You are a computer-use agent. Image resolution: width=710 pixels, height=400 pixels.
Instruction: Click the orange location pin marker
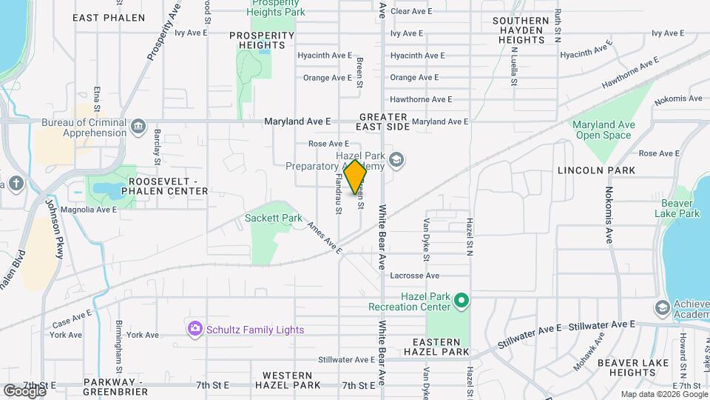click(356, 177)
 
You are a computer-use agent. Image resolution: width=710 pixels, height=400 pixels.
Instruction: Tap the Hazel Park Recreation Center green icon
click(461, 300)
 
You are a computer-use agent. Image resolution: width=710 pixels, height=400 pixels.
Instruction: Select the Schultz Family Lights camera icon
click(195, 328)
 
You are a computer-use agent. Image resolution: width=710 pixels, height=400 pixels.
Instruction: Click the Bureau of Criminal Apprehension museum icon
click(138, 127)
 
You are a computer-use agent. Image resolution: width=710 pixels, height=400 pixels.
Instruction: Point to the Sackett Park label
click(274, 219)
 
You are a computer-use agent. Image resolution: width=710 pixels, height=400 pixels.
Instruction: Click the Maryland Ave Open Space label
click(603, 130)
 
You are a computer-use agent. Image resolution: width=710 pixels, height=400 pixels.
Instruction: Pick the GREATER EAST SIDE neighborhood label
click(384, 122)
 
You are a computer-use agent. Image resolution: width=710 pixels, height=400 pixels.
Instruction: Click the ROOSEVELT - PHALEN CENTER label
click(168, 186)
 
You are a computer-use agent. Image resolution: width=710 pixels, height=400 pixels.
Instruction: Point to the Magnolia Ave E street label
click(89, 210)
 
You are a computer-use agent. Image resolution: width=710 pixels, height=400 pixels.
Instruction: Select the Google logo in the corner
click(24, 390)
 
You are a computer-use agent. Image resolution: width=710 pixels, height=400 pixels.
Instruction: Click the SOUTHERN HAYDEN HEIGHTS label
click(521, 30)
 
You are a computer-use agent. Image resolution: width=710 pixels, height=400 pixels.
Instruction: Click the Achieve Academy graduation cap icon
click(662, 307)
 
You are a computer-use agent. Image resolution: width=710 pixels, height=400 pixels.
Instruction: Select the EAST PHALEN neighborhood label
click(109, 17)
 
